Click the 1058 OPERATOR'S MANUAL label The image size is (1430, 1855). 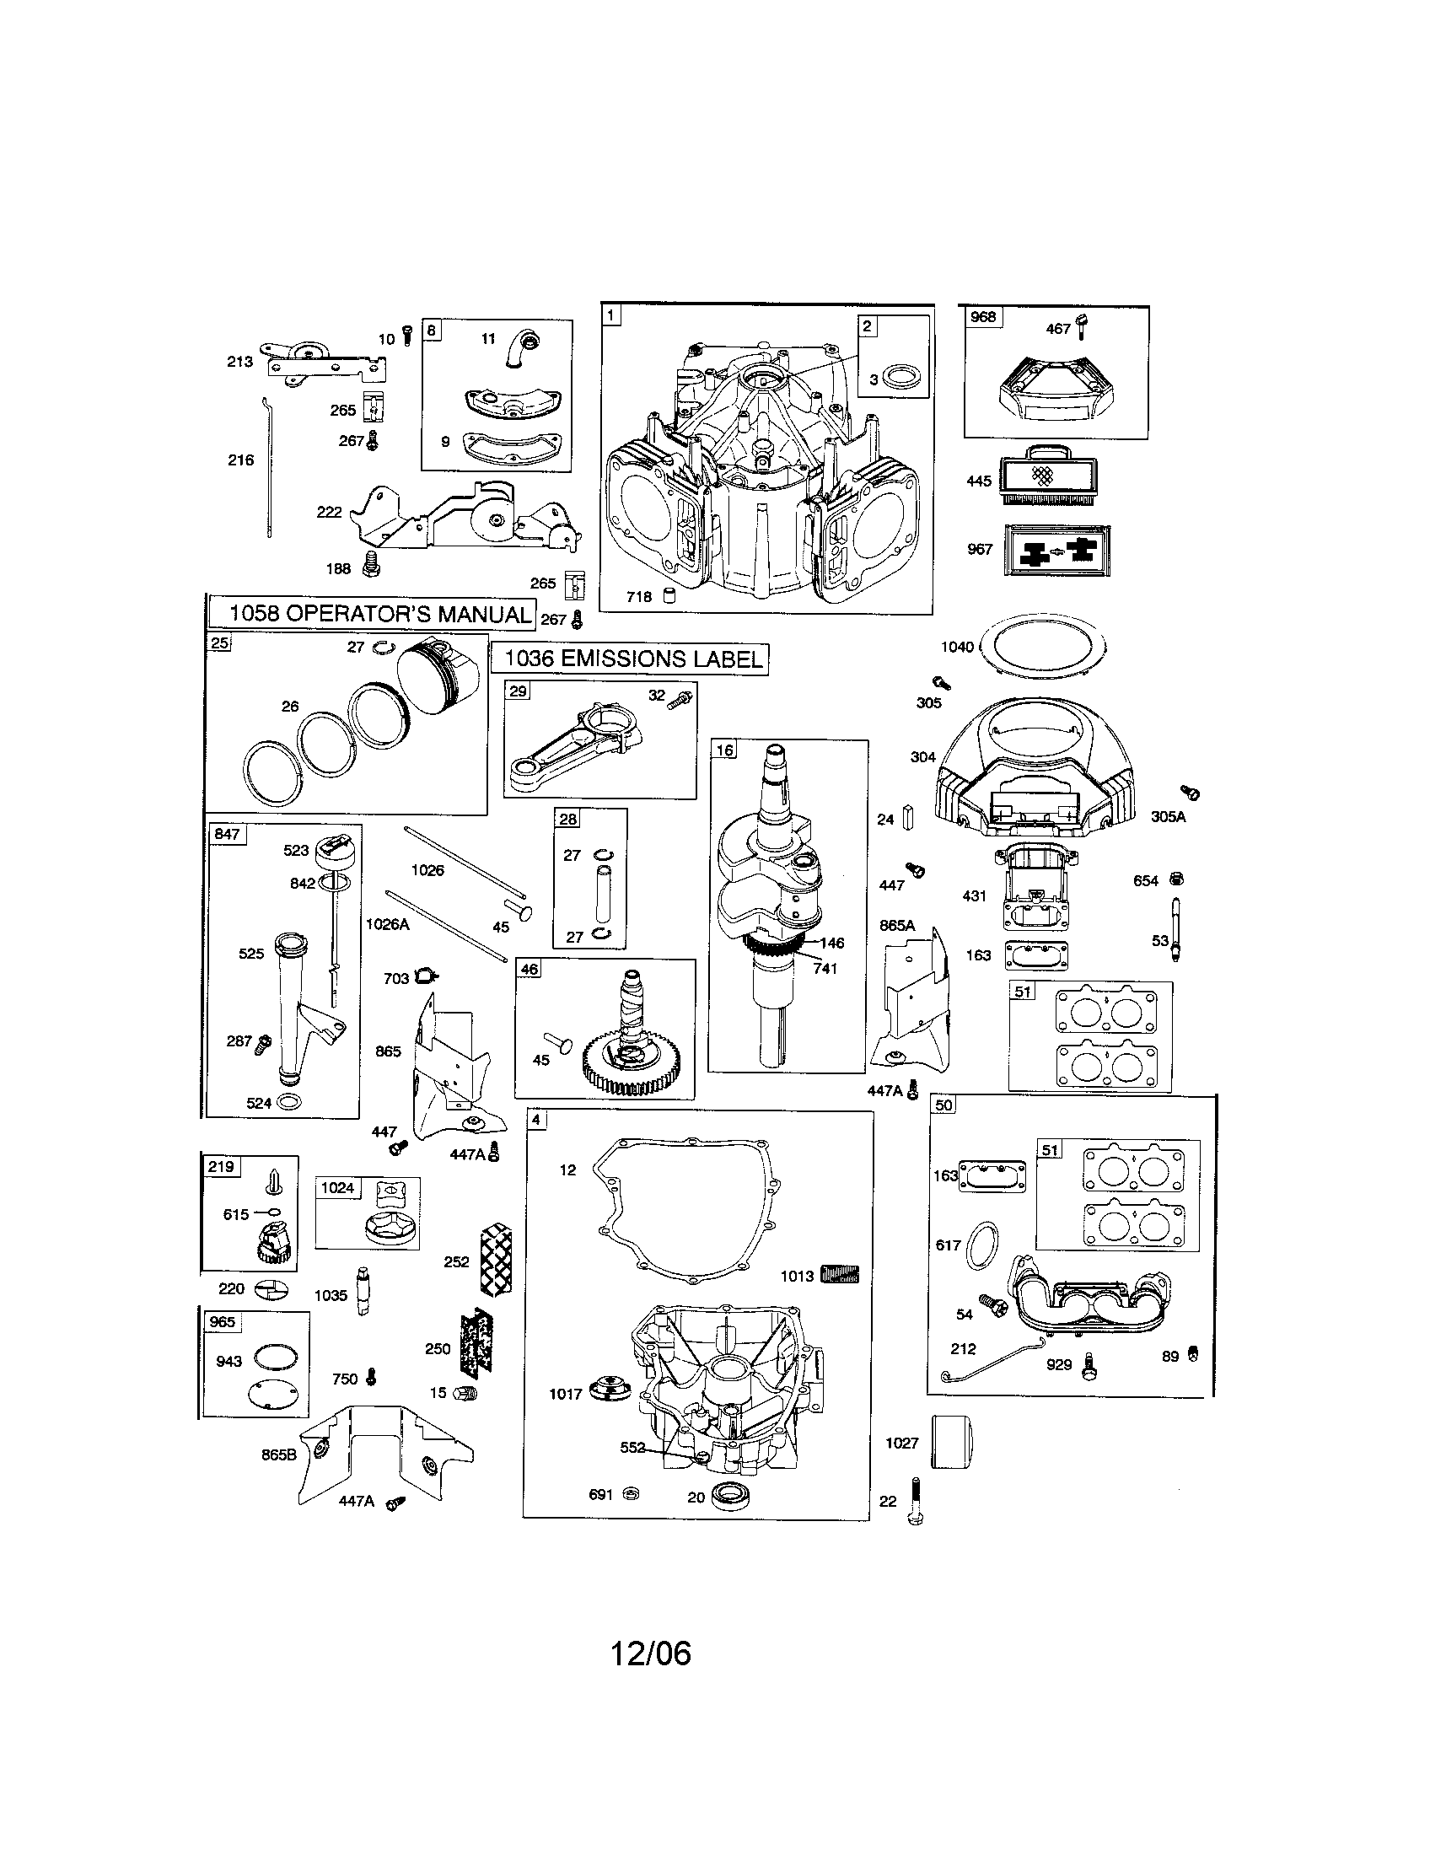point(371,614)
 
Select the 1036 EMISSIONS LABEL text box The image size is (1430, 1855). point(630,659)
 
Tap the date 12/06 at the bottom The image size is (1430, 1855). point(651,1653)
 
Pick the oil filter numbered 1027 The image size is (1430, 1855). point(951,1442)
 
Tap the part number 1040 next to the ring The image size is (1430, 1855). point(957,648)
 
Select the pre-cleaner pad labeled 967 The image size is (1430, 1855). point(1051,551)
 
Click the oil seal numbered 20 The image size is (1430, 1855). point(728,1495)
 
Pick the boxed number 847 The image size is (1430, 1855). point(227,834)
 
